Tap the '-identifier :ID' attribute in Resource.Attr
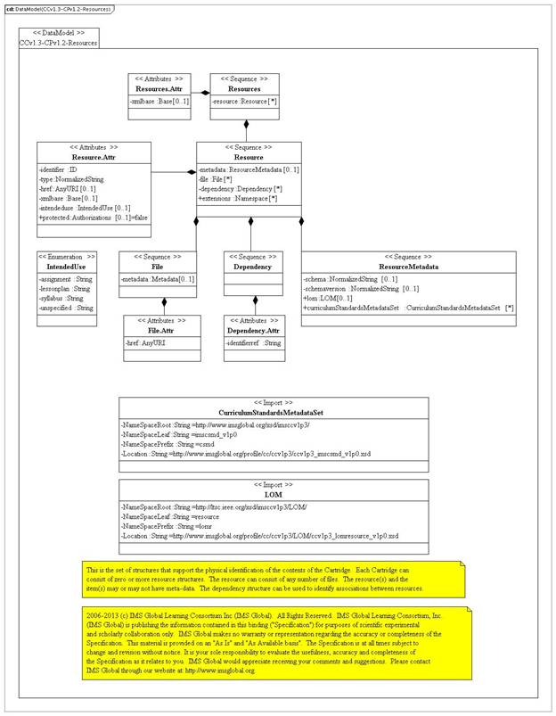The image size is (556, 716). (61, 169)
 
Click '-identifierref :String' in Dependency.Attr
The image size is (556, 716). (253, 342)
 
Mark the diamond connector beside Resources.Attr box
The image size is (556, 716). (205, 92)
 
